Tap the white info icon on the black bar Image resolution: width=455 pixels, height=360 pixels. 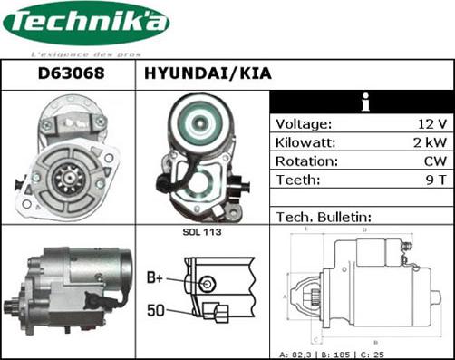[363, 102]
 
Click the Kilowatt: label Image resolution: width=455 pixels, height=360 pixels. [306, 143]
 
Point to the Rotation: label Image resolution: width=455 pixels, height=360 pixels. [306, 161]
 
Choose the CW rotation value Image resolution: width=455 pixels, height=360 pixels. [433, 161]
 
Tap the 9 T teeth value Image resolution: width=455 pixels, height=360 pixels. [434, 180]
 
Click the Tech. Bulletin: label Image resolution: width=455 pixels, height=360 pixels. [324, 217]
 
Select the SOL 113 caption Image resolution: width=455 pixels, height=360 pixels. [203, 233]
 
